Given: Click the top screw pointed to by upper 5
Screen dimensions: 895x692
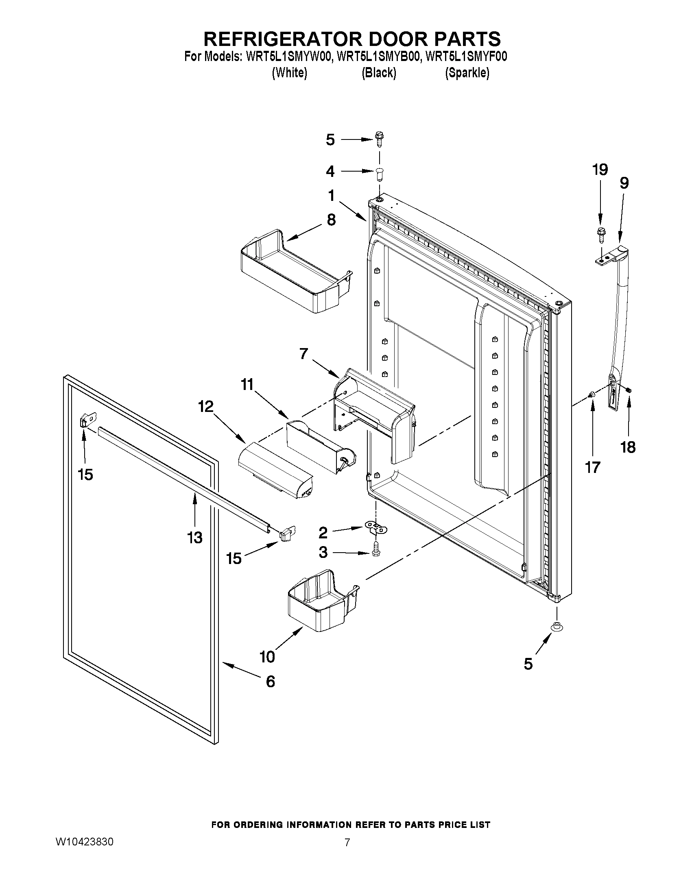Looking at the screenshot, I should (x=379, y=139).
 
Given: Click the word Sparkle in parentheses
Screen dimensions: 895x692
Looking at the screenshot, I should (x=467, y=73).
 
